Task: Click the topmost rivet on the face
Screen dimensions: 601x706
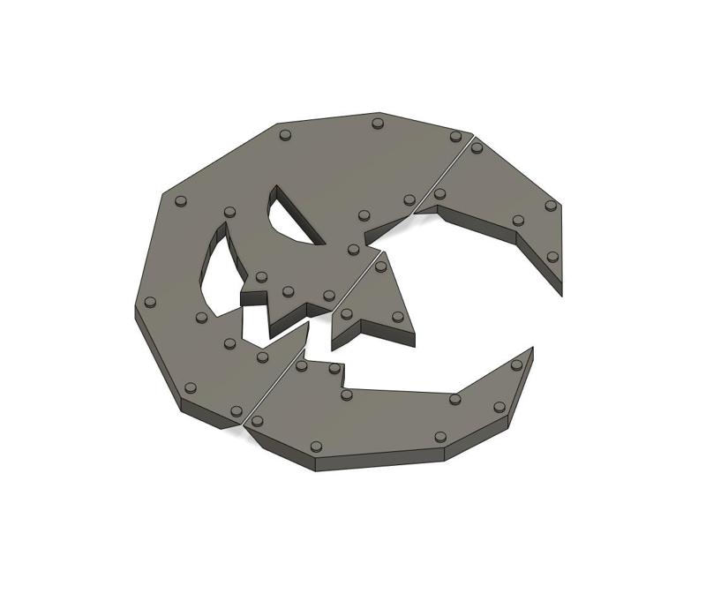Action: tap(378, 124)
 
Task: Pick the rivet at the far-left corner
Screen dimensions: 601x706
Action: tap(150, 302)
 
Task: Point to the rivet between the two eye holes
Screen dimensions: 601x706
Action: tap(230, 212)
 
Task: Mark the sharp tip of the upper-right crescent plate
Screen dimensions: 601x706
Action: tap(560, 291)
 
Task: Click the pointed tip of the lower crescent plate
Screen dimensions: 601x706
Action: tap(531, 349)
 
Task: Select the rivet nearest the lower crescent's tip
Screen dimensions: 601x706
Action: tap(516, 364)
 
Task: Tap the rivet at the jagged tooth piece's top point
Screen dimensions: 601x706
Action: tap(381, 266)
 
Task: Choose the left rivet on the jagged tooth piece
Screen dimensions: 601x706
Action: tap(347, 313)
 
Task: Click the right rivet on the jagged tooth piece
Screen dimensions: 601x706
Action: tap(397, 316)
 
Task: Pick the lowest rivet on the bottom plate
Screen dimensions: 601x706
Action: tap(317, 447)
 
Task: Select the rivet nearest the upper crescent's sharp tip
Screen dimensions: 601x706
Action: tap(552, 257)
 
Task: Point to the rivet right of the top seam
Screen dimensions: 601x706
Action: tap(477, 147)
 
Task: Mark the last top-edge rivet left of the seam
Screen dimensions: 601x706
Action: tap(455, 136)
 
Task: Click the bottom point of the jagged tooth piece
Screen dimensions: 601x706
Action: tap(334, 346)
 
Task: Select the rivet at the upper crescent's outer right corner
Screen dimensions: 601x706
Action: tap(551, 206)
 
